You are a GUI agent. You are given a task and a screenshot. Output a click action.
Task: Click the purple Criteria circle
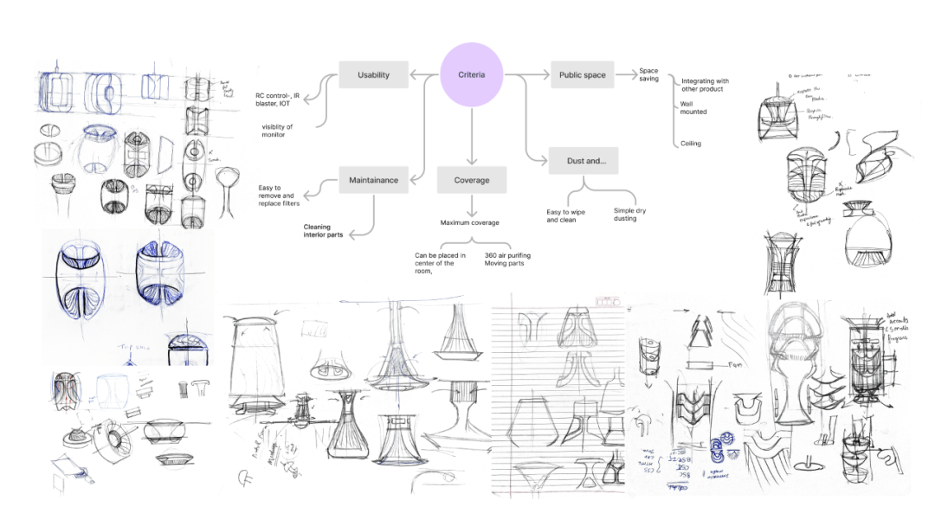pyautogui.click(x=472, y=75)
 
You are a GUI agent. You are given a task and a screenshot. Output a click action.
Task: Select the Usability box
pyautogui.click(x=373, y=75)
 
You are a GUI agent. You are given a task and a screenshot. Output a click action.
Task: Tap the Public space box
pyautogui.click(x=582, y=75)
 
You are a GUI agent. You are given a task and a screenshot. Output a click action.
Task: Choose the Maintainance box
pyautogui.click(x=373, y=180)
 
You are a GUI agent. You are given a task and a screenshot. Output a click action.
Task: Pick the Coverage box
pyautogui.click(x=472, y=180)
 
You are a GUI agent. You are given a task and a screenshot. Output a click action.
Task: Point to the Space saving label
pyautogui.click(x=648, y=74)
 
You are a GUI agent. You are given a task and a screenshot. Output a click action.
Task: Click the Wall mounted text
pyautogui.click(x=693, y=107)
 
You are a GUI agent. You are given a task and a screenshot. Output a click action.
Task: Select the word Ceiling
pyautogui.click(x=690, y=144)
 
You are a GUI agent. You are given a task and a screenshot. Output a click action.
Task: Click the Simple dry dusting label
pyautogui.click(x=629, y=215)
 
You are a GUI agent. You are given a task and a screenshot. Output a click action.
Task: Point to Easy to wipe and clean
pyautogui.click(x=564, y=215)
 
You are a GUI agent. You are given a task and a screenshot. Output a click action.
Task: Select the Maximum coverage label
pyautogui.click(x=469, y=223)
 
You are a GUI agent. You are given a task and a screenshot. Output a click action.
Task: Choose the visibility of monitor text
pyautogui.click(x=277, y=131)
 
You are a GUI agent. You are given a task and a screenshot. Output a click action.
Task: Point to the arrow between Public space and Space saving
pyautogui.click(x=625, y=75)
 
